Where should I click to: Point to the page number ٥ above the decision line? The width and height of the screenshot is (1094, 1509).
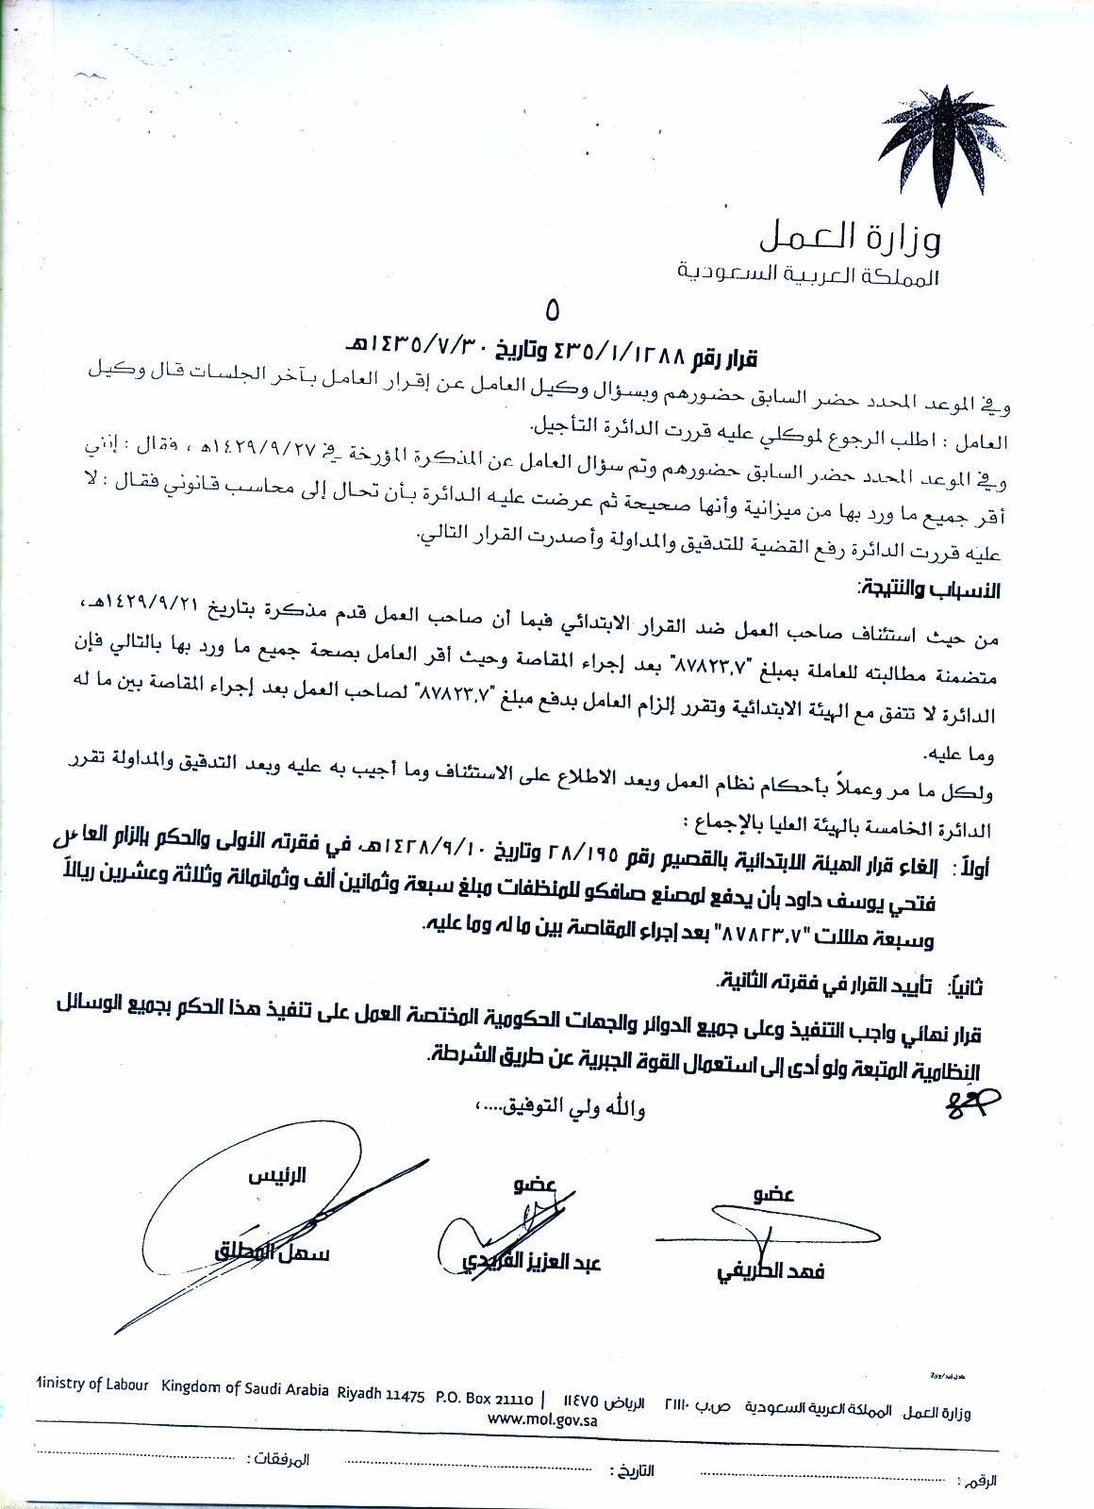click(552, 311)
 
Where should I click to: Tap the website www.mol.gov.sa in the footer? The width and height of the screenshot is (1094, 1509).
click(546, 1418)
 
